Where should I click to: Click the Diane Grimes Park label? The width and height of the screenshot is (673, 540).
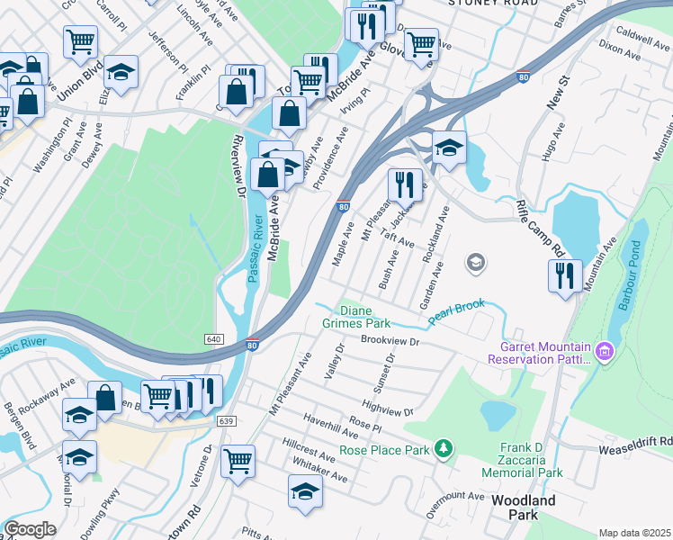[356, 316]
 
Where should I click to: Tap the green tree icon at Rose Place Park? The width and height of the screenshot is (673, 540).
[442, 448]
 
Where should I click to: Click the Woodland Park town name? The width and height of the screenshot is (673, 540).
[523, 508]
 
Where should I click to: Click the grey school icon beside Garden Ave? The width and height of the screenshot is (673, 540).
[475, 263]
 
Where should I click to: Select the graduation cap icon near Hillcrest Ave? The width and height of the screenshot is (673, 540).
[305, 491]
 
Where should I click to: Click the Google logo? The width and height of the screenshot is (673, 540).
[30, 529]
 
